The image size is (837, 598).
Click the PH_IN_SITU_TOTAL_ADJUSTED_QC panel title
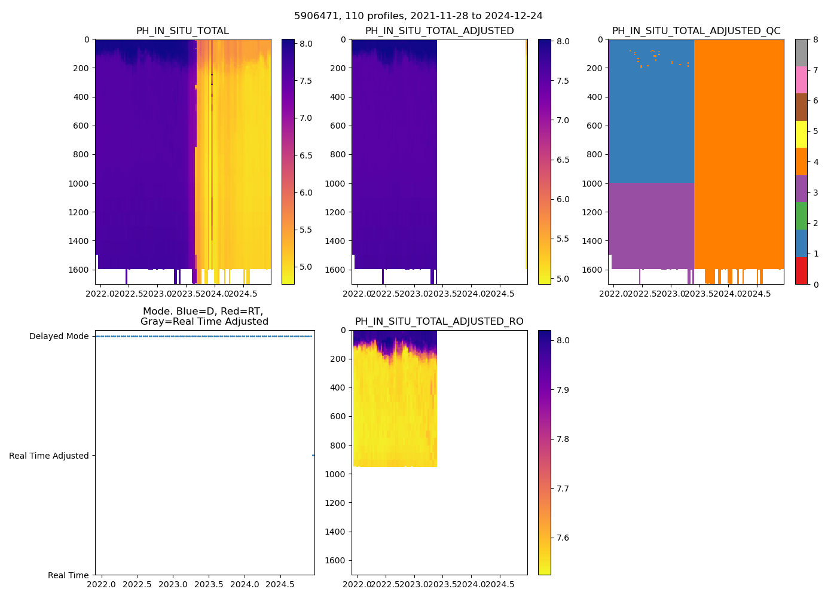coord(696,31)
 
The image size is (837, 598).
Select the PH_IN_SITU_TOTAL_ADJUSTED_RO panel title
coord(439,322)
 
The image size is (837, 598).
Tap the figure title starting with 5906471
coord(418,16)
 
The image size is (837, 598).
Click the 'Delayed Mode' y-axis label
coord(59,336)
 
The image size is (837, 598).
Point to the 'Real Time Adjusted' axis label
coord(49,456)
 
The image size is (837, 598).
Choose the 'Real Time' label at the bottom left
coord(68,575)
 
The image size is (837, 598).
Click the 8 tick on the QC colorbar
coord(815,39)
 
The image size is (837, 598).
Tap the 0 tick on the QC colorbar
coord(815,285)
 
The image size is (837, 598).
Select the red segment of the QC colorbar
coord(801,271)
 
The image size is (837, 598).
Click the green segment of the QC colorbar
coord(801,216)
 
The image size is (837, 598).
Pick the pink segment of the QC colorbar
coord(801,80)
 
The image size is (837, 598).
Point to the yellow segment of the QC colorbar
coord(801,135)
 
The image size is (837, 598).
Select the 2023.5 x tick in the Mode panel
coord(209,584)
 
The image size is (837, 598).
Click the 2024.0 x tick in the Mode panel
coord(245,584)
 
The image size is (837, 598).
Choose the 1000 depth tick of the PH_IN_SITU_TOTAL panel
coord(79,184)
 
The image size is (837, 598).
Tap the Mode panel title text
coord(204,316)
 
